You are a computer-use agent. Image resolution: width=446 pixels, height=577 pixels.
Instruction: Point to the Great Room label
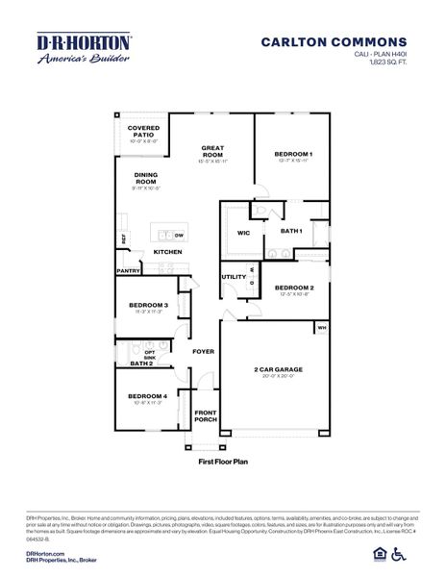(x=212, y=151)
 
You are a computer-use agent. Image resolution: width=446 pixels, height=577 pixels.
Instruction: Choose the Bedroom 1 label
(x=293, y=154)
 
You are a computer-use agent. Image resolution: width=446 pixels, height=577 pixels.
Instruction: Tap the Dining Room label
(x=146, y=179)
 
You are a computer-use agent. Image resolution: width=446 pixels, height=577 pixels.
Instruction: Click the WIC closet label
(x=243, y=232)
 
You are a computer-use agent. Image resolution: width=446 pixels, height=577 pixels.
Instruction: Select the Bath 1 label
(x=291, y=231)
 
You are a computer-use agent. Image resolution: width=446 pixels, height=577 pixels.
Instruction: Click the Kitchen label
(x=168, y=252)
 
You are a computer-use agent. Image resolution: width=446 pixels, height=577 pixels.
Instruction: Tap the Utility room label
(x=234, y=277)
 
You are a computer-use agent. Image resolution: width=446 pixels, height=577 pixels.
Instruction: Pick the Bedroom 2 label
(x=294, y=288)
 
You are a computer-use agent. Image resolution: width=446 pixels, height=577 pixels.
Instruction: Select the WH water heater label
(x=321, y=328)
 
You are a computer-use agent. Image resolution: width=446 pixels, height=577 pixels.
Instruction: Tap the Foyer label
(x=203, y=352)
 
